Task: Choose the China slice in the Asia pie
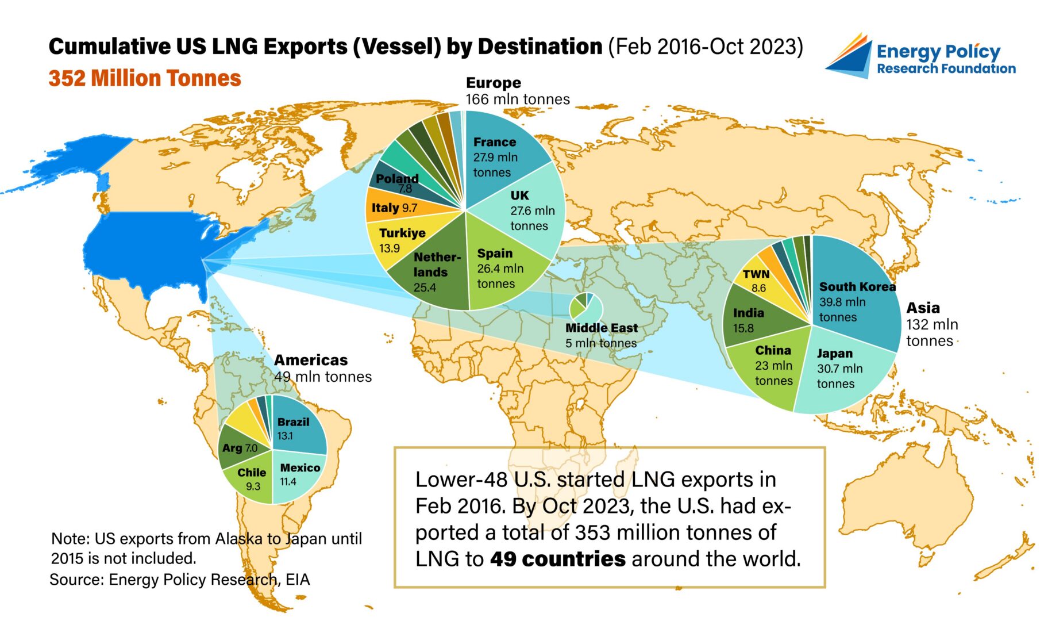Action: (770, 365)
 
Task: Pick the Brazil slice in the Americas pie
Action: (296, 428)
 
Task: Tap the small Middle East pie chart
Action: (586, 308)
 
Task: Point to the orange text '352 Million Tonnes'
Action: (145, 78)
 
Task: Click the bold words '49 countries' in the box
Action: (557, 558)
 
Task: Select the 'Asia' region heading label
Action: (923, 308)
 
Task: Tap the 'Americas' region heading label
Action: (311, 360)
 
